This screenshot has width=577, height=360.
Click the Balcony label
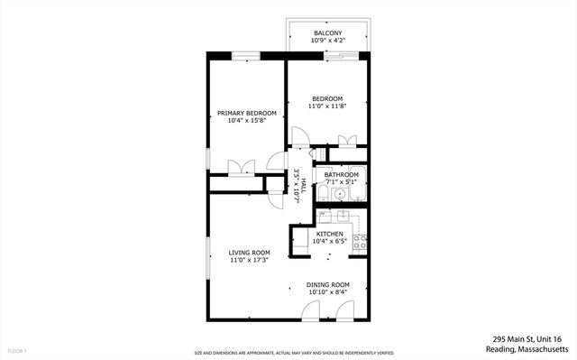click(x=327, y=32)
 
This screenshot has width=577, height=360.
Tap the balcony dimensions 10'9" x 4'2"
click(x=327, y=41)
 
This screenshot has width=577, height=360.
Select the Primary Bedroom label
click(x=247, y=113)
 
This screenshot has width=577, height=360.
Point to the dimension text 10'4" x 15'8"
click(x=247, y=121)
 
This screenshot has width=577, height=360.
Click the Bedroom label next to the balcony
click(x=327, y=98)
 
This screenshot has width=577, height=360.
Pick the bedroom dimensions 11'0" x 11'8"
click(x=327, y=106)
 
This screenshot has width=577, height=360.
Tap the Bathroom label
click(x=343, y=174)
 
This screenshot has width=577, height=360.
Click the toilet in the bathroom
click(x=322, y=194)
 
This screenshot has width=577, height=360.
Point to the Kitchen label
click(x=329, y=234)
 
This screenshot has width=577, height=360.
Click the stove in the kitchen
click(x=360, y=242)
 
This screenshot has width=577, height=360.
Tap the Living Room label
click(x=250, y=252)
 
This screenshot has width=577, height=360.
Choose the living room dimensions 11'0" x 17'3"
click(x=250, y=260)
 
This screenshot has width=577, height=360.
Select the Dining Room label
click(x=329, y=284)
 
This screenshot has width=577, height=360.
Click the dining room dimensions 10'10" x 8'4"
click(x=329, y=292)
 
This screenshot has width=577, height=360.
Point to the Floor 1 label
click(x=17, y=350)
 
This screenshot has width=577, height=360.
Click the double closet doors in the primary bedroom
click(x=240, y=169)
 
